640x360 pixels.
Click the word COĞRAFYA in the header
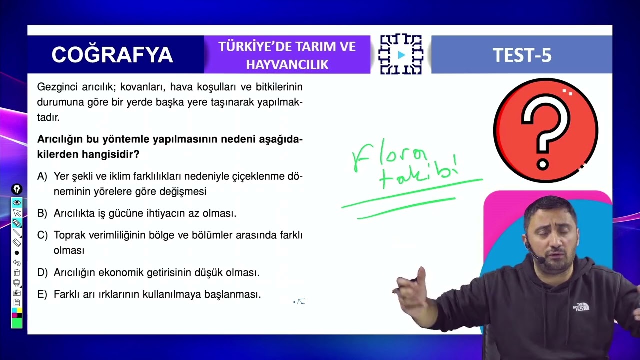click(112, 55)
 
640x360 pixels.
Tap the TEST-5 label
click(522, 55)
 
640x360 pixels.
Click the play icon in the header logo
click(401, 55)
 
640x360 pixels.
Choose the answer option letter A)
click(42, 176)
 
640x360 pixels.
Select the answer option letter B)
click(42, 213)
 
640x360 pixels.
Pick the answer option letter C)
click(42, 235)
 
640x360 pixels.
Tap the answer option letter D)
click(42, 273)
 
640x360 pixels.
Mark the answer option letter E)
click(42, 295)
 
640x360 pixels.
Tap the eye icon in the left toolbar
click(17, 202)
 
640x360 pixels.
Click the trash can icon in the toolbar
click(17, 273)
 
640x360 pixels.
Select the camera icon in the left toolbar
click(17, 293)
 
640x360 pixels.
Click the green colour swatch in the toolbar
click(17, 323)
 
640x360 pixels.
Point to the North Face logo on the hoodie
click(581, 306)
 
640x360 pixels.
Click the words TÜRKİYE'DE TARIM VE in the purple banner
click(287, 47)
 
